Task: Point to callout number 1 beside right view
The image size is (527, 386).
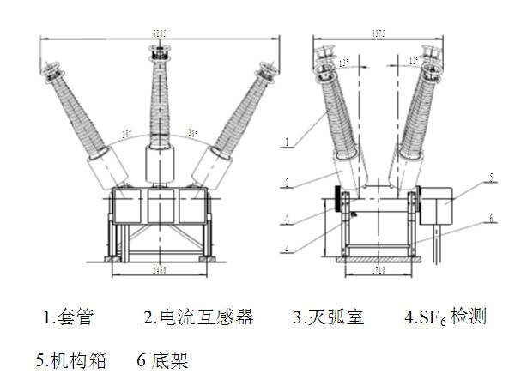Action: (x=290, y=137)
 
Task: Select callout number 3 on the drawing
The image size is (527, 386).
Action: (x=290, y=220)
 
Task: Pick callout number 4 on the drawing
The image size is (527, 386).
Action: (x=290, y=250)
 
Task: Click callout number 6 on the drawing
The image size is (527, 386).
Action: (x=492, y=219)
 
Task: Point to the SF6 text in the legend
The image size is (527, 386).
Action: (x=429, y=318)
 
